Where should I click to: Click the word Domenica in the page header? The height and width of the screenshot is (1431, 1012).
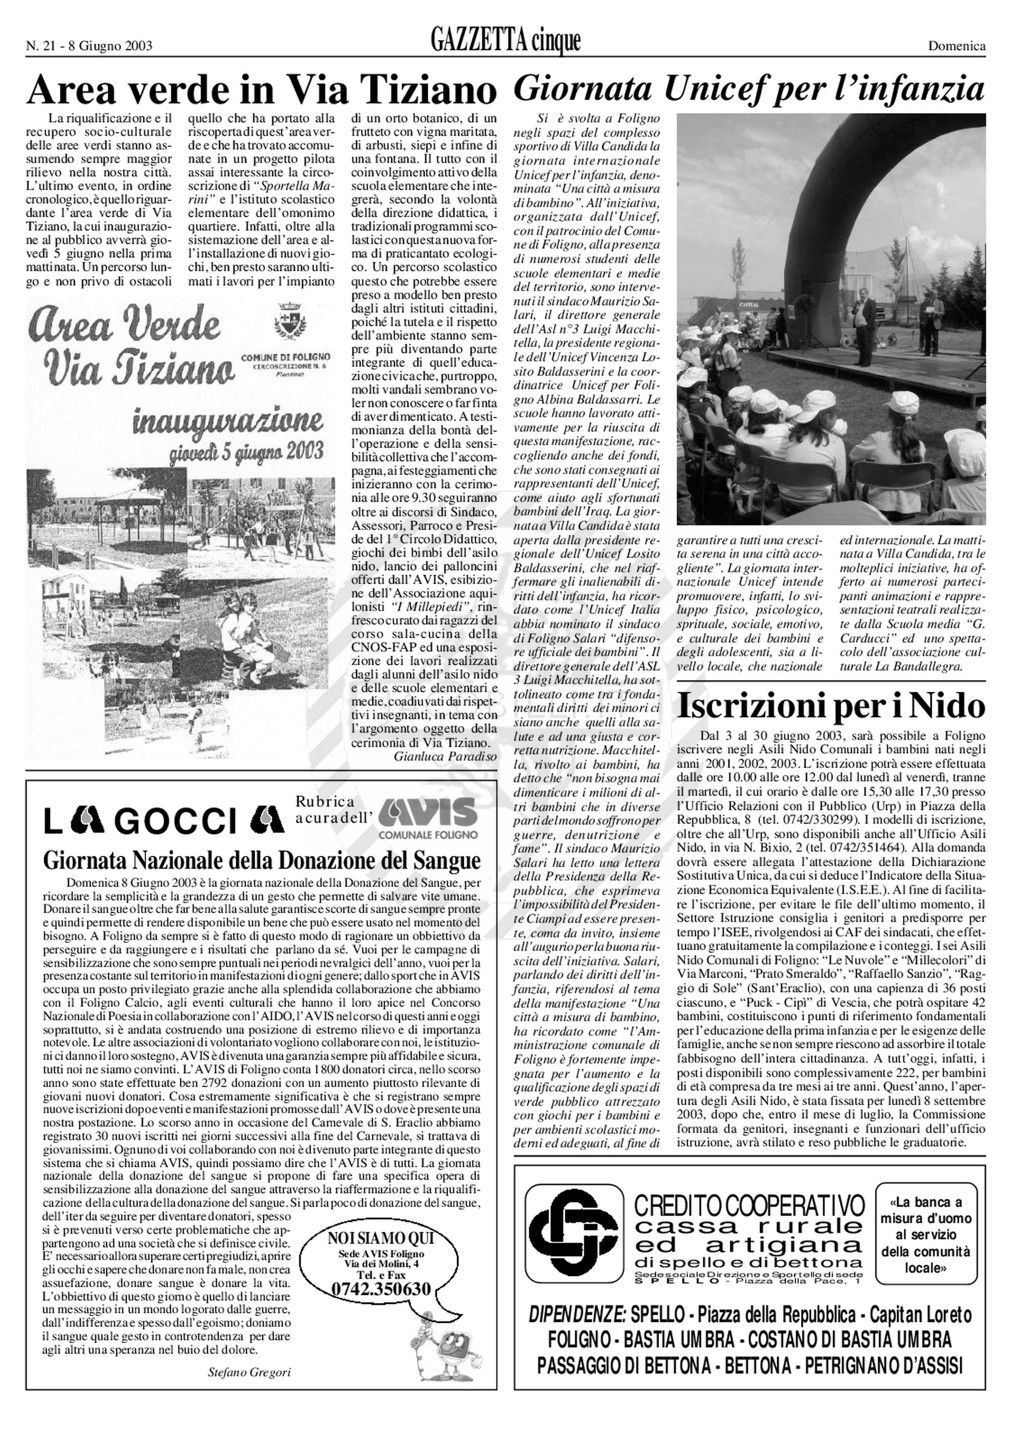(957, 45)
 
